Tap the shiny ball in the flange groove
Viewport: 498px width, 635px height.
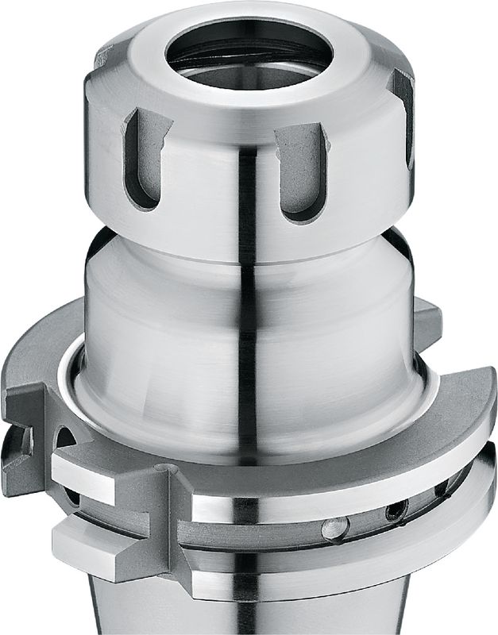tap(334, 526)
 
